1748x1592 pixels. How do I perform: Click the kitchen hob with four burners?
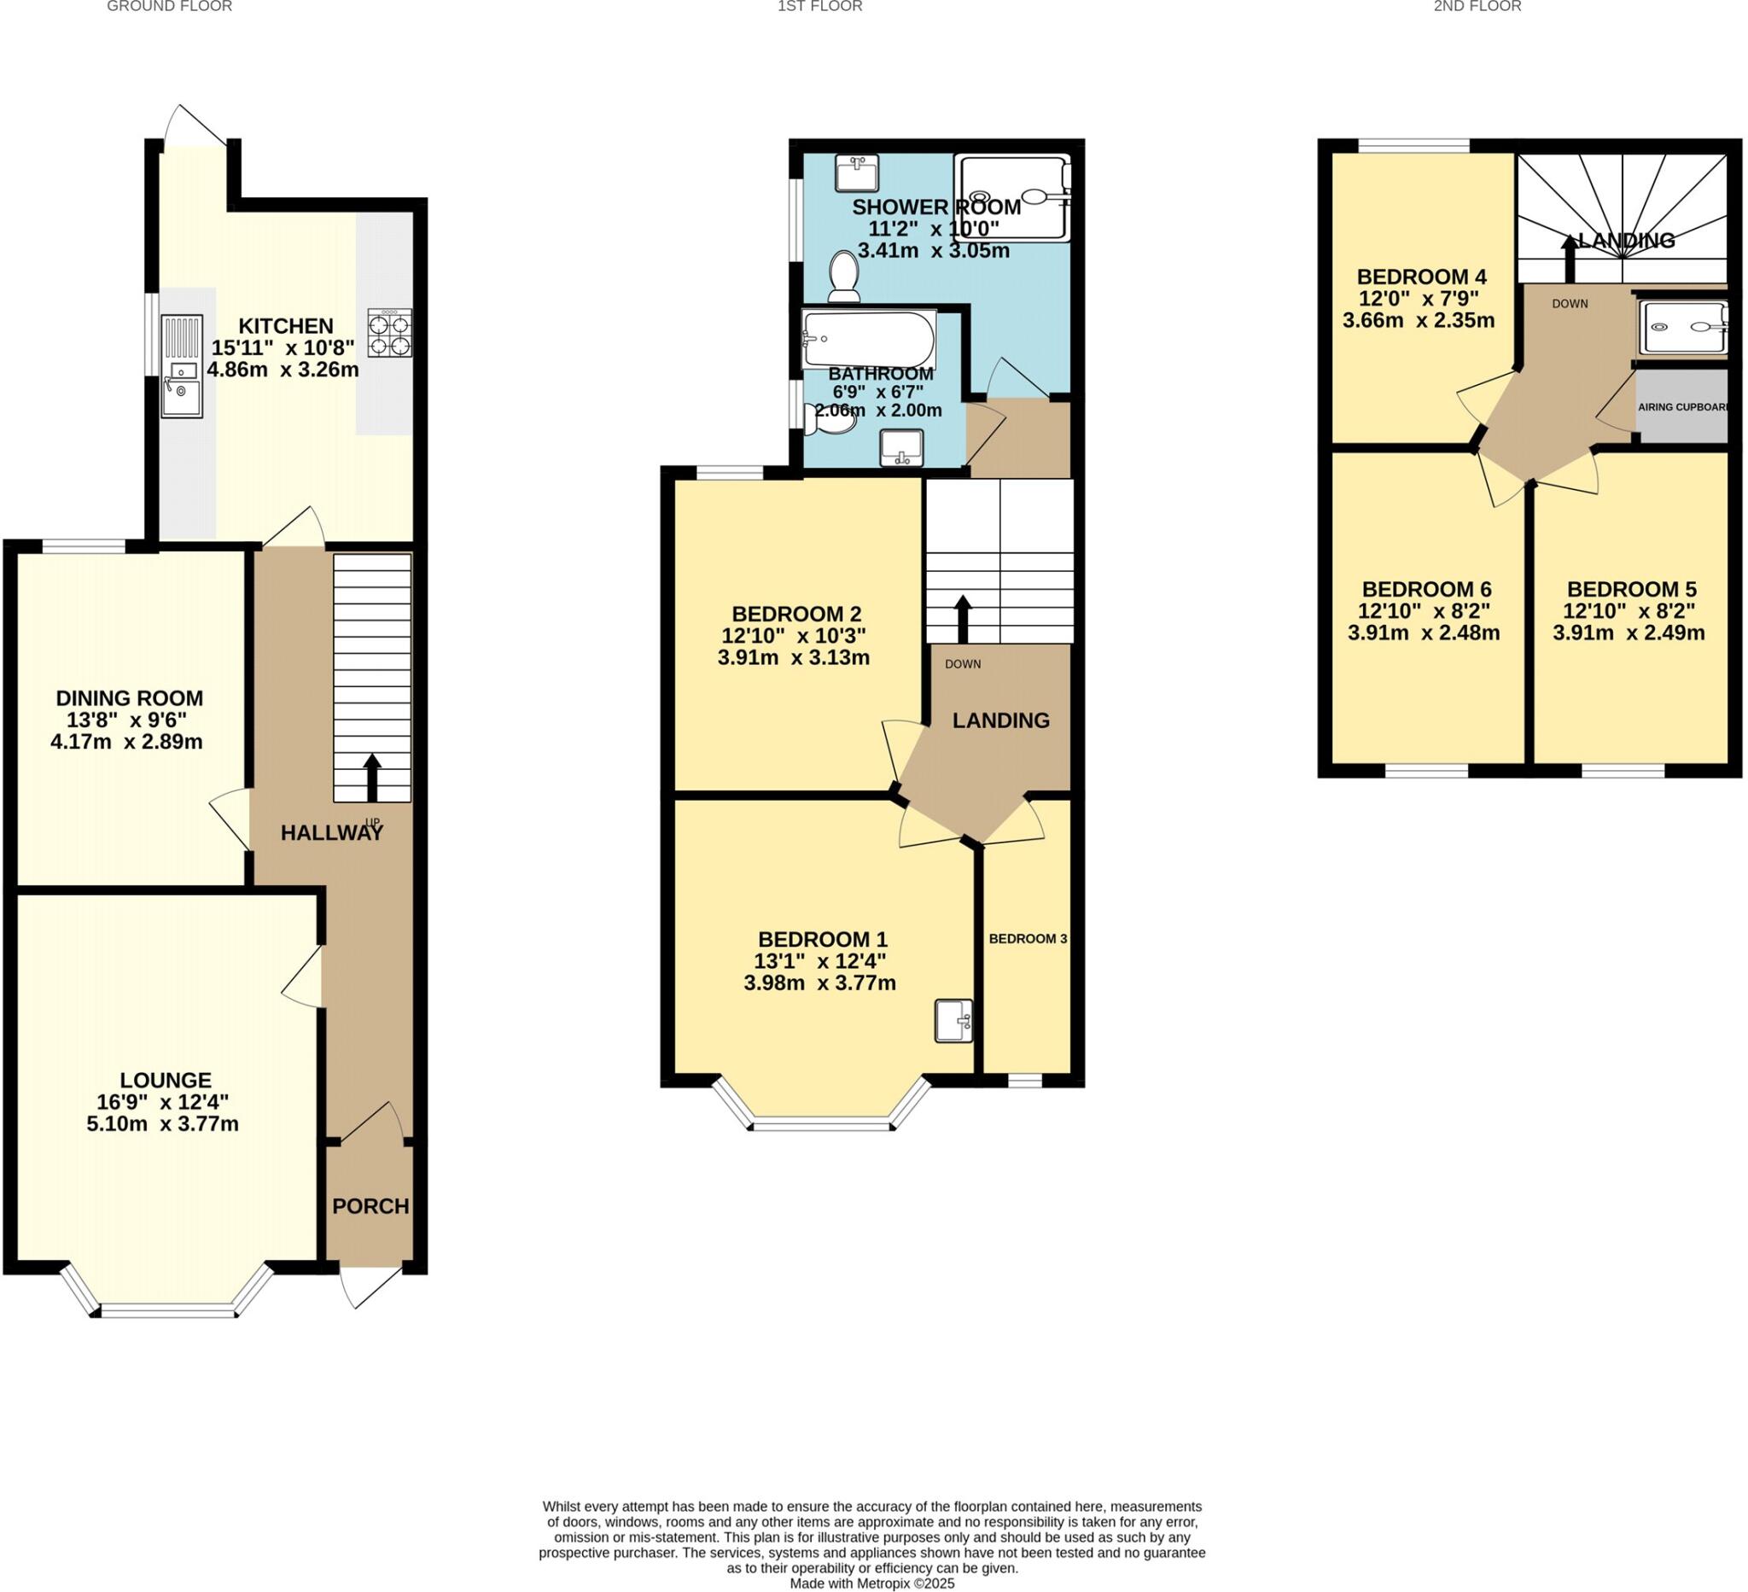coord(389,333)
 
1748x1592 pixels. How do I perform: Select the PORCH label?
coord(370,1206)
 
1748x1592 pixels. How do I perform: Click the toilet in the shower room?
coord(842,276)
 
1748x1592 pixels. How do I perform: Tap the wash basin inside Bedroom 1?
coord(953,1021)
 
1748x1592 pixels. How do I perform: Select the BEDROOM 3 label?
coord(1028,939)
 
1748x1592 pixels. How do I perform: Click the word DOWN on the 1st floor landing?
coord(963,664)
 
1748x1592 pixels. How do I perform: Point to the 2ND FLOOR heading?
coord(1477,7)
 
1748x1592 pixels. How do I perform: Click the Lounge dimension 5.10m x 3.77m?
coord(162,1124)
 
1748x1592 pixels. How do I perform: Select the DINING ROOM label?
coord(129,698)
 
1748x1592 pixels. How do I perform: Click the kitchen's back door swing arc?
coord(196,125)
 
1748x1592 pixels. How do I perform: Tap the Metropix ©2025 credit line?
coord(871,1583)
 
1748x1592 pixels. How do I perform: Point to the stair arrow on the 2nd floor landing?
coord(1570,257)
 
